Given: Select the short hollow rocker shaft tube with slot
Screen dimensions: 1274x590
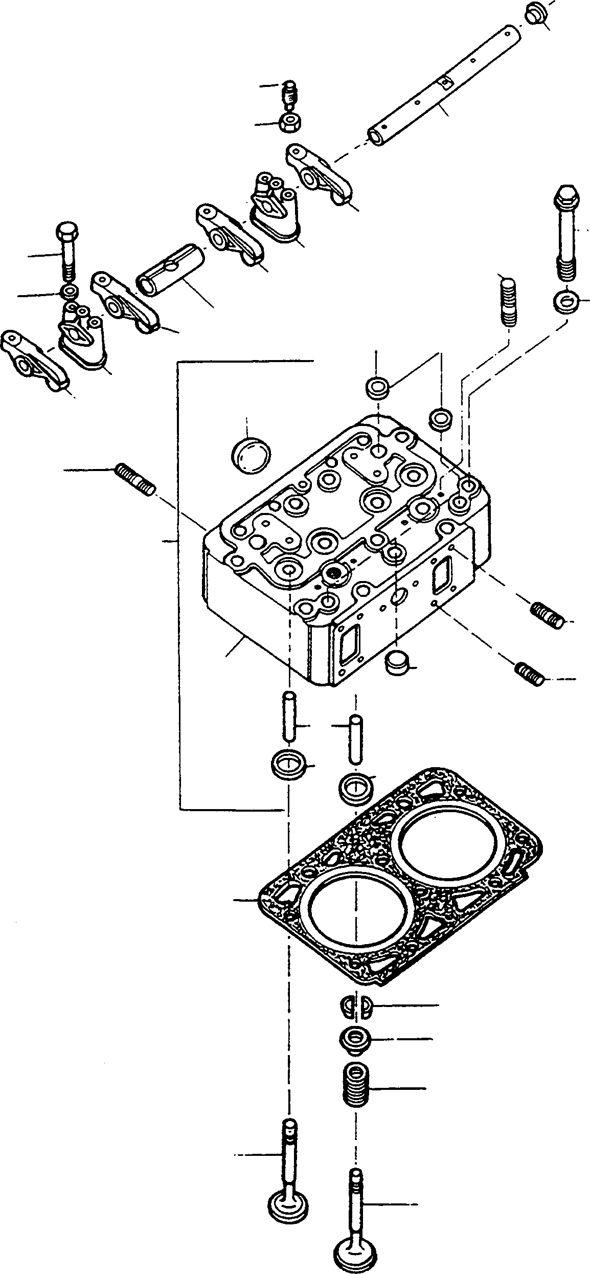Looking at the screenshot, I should coord(170,270).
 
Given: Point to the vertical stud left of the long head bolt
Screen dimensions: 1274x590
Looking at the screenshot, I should coord(509,302).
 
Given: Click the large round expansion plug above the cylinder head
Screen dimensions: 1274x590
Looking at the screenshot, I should coord(250,453).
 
